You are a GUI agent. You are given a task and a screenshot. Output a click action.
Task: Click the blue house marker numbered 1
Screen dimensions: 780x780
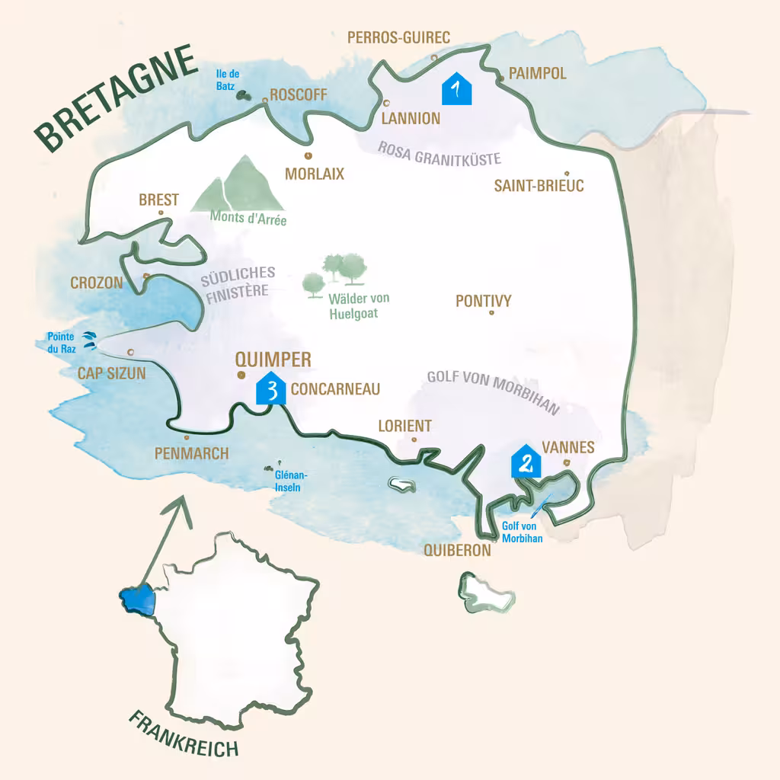(457, 89)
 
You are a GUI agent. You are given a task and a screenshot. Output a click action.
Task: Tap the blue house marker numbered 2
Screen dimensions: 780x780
(526, 461)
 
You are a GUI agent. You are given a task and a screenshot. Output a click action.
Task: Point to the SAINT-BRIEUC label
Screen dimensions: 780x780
(539, 185)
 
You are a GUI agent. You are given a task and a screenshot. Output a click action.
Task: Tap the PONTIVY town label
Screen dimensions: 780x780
(483, 301)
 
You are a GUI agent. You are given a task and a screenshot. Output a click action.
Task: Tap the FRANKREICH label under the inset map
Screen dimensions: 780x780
(183, 735)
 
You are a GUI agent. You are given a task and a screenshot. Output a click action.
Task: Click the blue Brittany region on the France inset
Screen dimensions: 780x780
(137, 599)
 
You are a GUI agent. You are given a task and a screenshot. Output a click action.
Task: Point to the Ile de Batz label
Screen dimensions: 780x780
(228, 79)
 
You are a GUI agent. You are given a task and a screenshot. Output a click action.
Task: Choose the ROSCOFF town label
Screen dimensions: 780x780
(298, 95)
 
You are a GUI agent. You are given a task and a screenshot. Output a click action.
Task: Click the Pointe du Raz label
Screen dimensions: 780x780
(61, 342)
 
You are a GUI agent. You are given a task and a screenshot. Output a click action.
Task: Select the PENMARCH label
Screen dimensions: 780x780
(191, 454)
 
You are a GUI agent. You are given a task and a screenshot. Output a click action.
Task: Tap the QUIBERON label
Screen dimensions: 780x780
(457, 550)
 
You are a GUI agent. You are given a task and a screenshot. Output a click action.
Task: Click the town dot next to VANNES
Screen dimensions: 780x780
(564, 462)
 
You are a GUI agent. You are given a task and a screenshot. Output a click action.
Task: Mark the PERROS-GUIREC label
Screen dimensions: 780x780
(398, 37)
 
